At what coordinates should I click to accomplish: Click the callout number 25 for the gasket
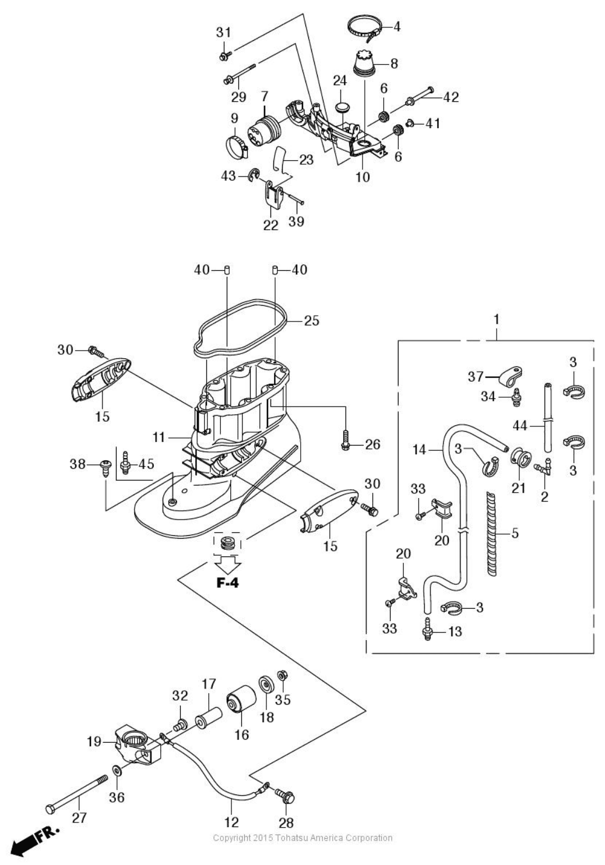coord(311,320)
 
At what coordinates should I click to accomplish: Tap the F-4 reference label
coord(227,583)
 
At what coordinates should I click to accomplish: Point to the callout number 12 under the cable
coord(231,822)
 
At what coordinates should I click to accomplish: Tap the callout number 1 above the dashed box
coord(497,319)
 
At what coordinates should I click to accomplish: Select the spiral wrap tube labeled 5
coord(492,534)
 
